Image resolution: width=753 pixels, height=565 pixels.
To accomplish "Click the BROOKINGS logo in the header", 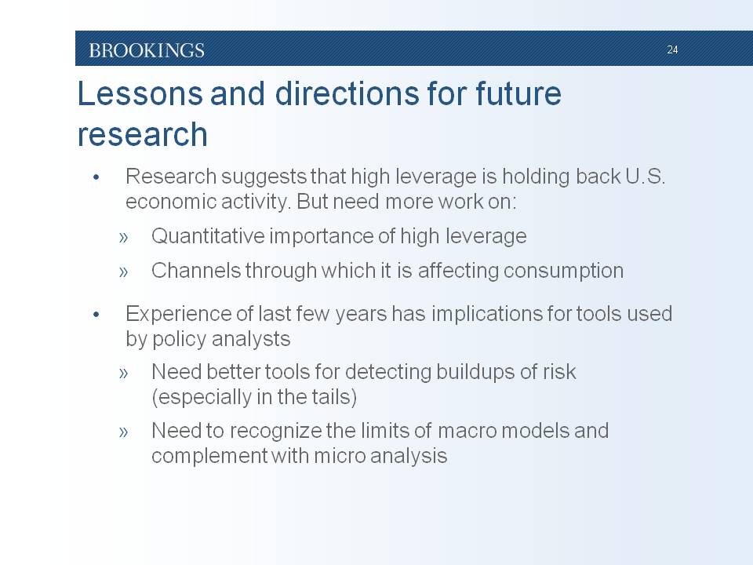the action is pos(147,50).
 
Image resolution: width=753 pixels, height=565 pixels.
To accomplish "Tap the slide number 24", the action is pos(672,49).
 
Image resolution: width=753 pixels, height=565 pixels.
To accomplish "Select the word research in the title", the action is pos(143,134).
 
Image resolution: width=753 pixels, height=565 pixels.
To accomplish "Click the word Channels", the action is pos(195,271).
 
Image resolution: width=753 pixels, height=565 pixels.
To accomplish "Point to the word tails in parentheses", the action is pos(332,397).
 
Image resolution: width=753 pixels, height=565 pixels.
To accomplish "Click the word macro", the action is pos(467,431).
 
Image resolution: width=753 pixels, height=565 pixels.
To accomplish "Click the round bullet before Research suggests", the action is pos(96,178).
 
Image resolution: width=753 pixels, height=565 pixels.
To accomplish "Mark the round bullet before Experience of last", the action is pos(96,315).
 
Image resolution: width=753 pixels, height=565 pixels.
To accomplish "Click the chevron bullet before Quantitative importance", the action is pos(123,237).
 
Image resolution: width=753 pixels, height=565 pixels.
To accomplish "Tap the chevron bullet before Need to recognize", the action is pos(123,432).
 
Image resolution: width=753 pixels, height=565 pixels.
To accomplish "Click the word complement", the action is pos(209,456).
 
